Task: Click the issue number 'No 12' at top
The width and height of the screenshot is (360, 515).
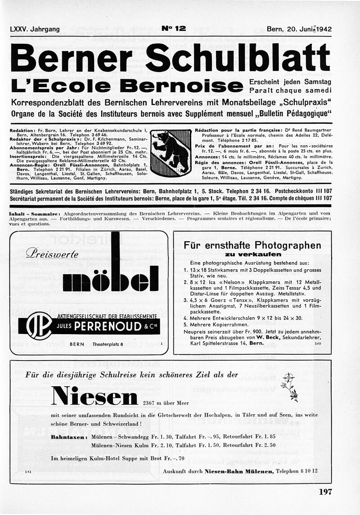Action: (174, 29)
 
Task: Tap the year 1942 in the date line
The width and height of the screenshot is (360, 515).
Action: (323, 29)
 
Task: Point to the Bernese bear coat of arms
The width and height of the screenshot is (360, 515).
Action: (170, 153)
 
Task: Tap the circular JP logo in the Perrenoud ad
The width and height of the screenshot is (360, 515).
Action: (39, 325)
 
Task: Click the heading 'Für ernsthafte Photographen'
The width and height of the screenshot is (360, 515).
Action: (252, 245)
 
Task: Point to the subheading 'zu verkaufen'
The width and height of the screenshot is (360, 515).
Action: (252, 255)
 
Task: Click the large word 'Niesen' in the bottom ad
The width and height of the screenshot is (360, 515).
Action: (95, 396)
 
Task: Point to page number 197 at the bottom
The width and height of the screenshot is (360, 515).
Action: (325, 492)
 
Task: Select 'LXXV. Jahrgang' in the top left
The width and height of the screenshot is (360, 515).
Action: (35, 29)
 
